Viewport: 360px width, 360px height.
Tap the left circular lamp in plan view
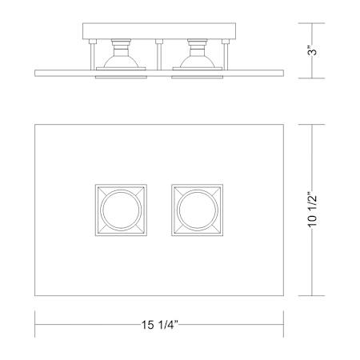pos(120,211)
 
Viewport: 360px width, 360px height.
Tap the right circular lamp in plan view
pos(196,211)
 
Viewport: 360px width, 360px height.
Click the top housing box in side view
pos(159,31)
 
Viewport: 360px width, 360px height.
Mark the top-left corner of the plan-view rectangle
pos(36,123)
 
